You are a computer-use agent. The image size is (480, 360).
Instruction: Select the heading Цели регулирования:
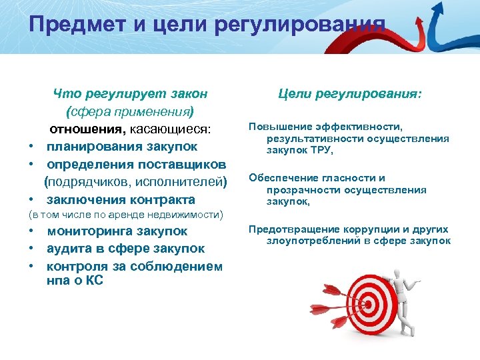pos(350,95)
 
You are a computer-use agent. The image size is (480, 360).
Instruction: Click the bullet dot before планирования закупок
pos(31,147)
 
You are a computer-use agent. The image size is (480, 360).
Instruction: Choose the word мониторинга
pos(89,231)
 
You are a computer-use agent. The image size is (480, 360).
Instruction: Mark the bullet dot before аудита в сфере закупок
pos(31,249)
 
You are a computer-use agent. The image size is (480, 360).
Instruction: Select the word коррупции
pos(367,229)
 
